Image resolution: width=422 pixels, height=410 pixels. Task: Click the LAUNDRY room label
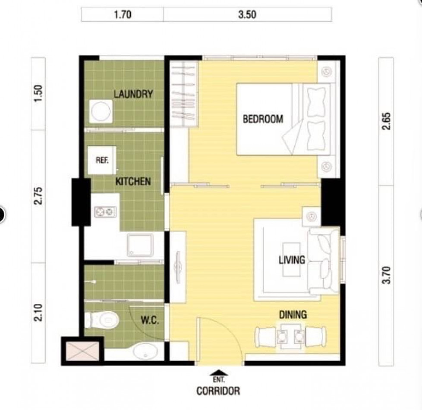point(133,94)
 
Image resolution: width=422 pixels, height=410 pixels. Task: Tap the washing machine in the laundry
point(101,111)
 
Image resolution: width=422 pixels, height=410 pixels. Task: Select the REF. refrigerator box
point(102,160)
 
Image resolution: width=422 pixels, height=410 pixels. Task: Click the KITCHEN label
point(133,181)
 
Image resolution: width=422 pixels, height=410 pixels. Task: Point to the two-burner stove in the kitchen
point(105,212)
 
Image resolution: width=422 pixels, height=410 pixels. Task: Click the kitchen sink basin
point(140,245)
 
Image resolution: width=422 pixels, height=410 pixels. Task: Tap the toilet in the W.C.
point(102,320)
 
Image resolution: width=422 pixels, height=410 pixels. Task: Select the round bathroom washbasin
point(145,351)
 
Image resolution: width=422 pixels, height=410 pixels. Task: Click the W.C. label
point(150,320)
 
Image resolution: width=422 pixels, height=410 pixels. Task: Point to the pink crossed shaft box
point(82,351)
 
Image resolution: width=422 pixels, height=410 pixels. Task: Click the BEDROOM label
point(263,119)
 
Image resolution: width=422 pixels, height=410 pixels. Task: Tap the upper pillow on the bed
point(316,102)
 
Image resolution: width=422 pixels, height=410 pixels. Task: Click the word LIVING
point(292,260)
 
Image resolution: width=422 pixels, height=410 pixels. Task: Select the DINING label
point(293,315)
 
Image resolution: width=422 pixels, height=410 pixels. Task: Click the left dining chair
point(265,337)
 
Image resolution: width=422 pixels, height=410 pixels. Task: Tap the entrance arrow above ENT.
point(219,373)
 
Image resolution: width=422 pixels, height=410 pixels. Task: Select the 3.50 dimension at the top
point(247,14)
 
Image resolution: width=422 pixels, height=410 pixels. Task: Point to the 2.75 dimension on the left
point(38,196)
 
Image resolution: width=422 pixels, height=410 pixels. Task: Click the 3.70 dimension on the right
point(386,275)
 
